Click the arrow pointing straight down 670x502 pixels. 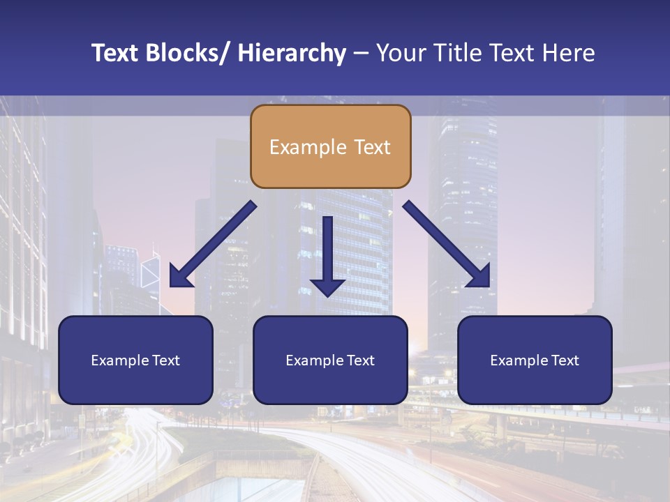click(327, 254)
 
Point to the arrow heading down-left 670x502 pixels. click(213, 244)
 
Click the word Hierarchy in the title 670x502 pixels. click(291, 53)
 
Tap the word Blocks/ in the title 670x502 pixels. click(188, 53)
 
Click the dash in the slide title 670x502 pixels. click(361, 54)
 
